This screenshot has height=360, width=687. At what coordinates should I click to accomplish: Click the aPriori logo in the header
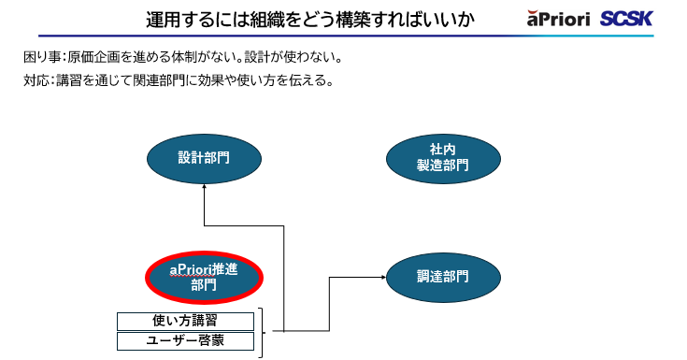[557, 19]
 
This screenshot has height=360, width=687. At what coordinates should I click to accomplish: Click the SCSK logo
[626, 19]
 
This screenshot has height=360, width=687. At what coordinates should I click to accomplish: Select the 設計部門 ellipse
[204, 158]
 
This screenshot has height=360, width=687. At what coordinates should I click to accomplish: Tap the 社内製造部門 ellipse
[442, 158]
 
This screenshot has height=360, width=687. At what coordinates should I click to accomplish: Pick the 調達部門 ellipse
[442, 277]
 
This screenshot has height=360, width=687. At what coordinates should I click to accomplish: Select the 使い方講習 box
[185, 321]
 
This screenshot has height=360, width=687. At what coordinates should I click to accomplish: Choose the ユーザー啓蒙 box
[185, 341]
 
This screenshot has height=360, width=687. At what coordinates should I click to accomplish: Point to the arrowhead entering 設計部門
[204, 188]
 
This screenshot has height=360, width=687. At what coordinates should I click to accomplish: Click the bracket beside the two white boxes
[261, 331]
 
